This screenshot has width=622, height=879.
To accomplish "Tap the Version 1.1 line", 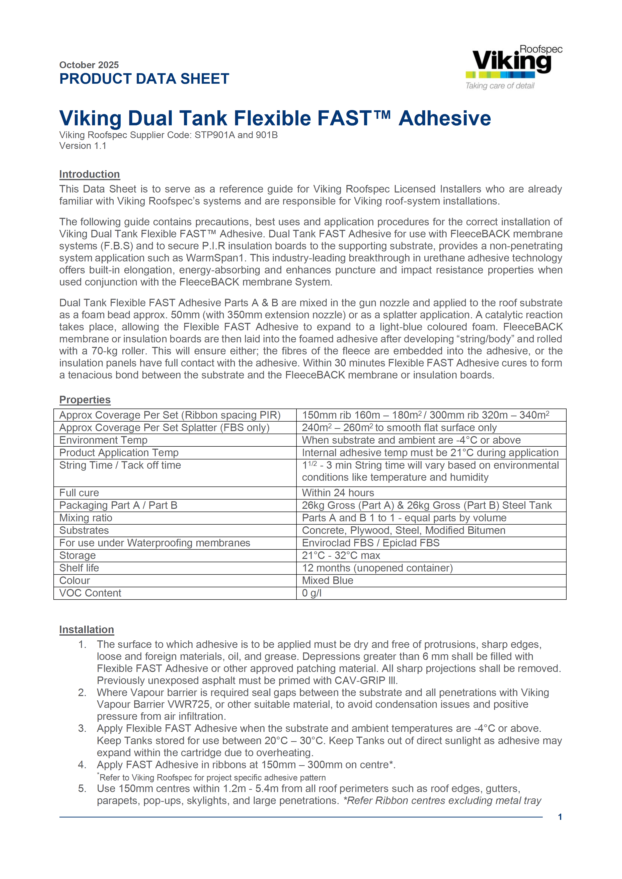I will pyautogui.click(x=83, y=146).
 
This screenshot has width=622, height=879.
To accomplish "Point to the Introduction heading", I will pyautogui.click(x=89, y=174).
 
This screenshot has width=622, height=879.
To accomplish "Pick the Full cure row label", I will pyautogui.click(x=79, y=493).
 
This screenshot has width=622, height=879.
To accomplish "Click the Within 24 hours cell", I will pyautogui.click(x=338, y=493).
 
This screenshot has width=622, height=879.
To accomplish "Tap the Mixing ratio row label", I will pyautogui.click(x=86, y=518).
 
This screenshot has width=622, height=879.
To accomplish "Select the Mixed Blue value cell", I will pyautogui.click(x=328, y=580).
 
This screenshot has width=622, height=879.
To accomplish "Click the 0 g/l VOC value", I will pyautogui.click(x=312, y=593).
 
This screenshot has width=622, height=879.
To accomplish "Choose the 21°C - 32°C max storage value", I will pyautogui.click(x=341, y=555).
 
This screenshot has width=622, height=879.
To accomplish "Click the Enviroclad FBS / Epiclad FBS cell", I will pyautogui.click(x=370, y=543).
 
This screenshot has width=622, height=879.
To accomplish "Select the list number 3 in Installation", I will pyautogui.click(x=82, y=728).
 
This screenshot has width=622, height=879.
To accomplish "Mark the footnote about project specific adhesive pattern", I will pyautogui.click(x=212, y=777).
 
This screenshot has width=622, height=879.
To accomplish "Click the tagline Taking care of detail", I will pyautogui.click(x=500, y=86).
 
